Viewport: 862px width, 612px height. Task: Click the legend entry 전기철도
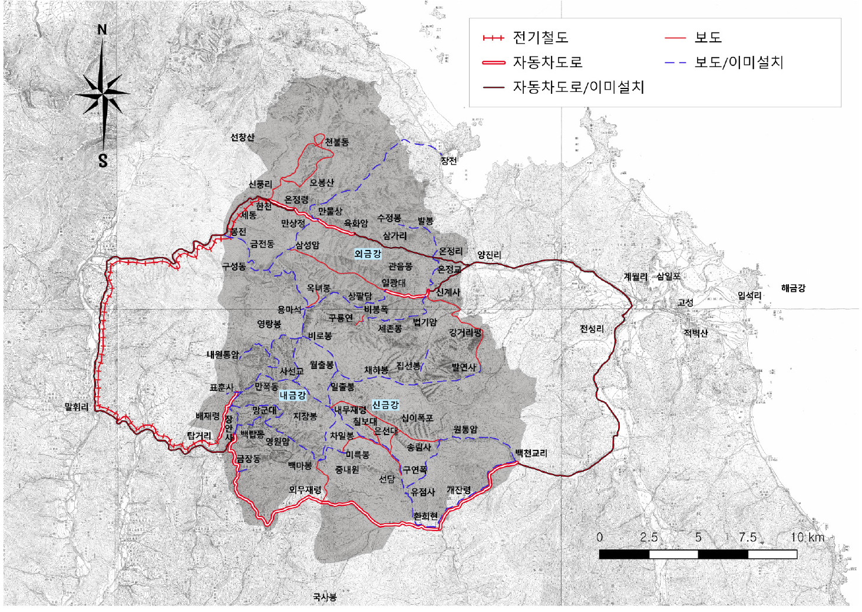point(540,38)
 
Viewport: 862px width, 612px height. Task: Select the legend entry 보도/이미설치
point(738,62)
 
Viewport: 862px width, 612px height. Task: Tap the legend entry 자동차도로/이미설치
point(577,87)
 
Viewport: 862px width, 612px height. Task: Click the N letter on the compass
point(103,29)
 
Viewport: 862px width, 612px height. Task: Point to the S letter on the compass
point(103,160)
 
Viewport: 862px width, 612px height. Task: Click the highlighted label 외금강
point(368,254)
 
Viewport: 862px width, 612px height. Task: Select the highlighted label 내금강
point(293,395)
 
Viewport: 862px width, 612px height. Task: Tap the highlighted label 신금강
point(385,405)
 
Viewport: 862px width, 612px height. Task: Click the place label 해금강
point(793,288)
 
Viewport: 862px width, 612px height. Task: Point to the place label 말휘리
point(77,407)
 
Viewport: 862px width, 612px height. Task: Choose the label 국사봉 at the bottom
point(325,597)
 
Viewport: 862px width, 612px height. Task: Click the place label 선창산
point(242,137)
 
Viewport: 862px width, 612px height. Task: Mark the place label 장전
point(448,160)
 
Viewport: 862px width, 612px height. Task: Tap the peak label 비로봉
point(320,335)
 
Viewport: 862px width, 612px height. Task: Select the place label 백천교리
point(531,453)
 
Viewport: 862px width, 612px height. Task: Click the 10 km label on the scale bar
point(807,537)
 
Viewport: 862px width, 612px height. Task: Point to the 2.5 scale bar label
point(649,537)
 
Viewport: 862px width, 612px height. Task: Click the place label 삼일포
point(668,276)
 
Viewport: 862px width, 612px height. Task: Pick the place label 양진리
point(489,255)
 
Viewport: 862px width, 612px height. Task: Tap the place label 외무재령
point(305,489)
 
